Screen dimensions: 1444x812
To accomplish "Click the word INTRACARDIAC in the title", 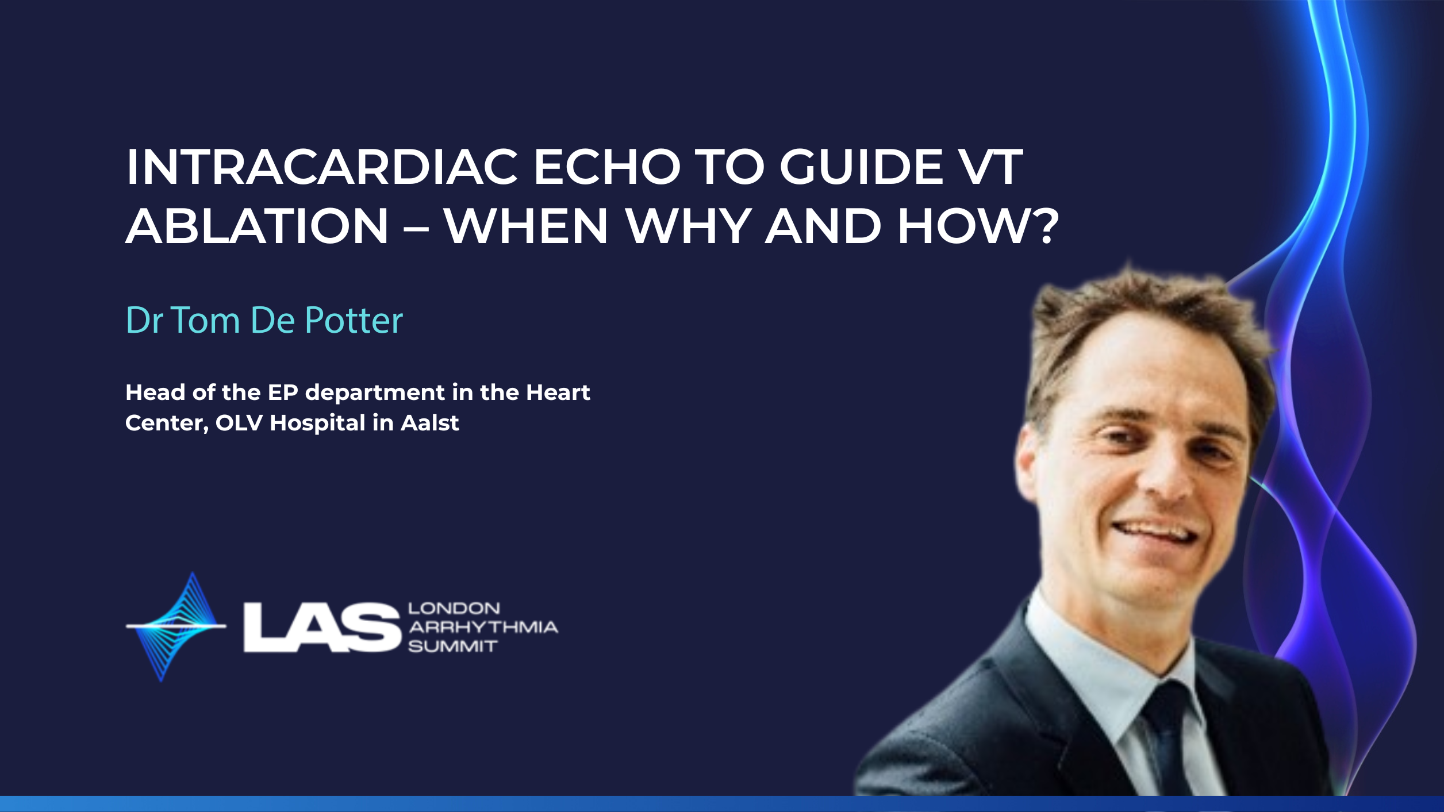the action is [x=322, y=167].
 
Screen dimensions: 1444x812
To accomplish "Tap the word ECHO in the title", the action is [x=607, y=167].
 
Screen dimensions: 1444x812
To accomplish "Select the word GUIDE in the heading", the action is [x=861, y=167].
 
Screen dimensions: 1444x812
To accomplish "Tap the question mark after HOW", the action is [x=1044, y=226].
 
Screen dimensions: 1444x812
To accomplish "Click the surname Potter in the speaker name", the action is [x=354, y=320].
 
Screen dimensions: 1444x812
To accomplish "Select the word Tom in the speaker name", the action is [x=205, y=320].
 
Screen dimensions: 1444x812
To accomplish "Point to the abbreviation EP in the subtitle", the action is [x=283, y=392].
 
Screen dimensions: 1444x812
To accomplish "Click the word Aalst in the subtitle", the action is [x=430, y=423].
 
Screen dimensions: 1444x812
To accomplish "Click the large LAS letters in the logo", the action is [x=322, y=627].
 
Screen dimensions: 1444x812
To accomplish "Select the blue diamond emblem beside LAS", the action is [x=176, y=626].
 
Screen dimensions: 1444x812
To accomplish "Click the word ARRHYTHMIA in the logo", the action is [x=483, y=627].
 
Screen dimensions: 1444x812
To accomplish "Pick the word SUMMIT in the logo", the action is [x=452, y=646].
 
